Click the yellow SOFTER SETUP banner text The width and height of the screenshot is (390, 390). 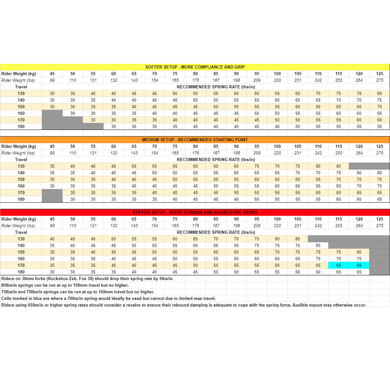pyautogui.click(x=195, y=67)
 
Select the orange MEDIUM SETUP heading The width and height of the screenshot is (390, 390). pyautogui.click(x=195, y=140)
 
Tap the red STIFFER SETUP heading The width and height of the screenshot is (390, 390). pyautogui.click(x=195, y=212)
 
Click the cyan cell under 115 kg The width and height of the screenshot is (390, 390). pyautogui.click(x=338, y=265)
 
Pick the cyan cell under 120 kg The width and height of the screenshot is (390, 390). pyautogui.click(x=359, y=265)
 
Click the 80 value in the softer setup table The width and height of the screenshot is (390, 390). pyautogui.click(x=380, y=94)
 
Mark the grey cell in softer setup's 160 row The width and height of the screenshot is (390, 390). pyautogui.click(x=52, y=113)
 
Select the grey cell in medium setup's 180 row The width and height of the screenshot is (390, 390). pyautogui.click(x=52, y=199)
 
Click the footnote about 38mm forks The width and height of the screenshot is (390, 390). pyautogui.click(x=87, y=279)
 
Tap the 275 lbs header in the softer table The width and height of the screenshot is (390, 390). pyautogui.click(x=380, y=80)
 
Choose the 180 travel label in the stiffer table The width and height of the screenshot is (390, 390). pyautogui.click(x=21, y=272)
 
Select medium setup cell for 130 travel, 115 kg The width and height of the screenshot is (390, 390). pyautogui.click(x=338, y=166)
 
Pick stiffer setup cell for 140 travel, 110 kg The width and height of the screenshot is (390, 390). pyautogui.click(x=318, y=246)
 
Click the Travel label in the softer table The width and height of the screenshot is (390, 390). pyautogui.click(x=21, y=87)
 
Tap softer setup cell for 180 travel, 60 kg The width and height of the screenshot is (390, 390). pyautogui.click(x=114, y=126)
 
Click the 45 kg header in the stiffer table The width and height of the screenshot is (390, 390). pyautogui.click(x=52, y=219)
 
